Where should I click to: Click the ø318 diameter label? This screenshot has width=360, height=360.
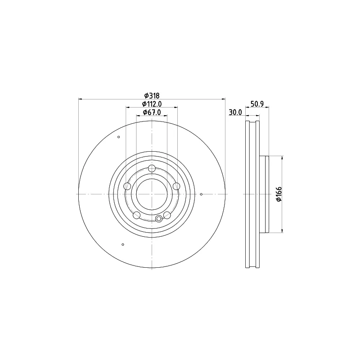click(152, 95)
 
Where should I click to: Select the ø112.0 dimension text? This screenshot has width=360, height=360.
click(152, 104)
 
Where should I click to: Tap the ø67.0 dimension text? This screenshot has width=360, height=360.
click(152, 112)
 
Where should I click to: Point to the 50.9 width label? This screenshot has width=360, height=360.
click(257, 104)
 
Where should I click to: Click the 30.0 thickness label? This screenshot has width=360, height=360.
click(235, 112)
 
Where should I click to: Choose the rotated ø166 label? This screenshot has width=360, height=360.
click(279, 194)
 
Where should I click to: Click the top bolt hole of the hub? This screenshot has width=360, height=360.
click(152, 168)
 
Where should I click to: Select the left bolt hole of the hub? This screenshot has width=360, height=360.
click(127, 186)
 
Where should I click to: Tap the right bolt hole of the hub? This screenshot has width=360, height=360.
click(176, 186)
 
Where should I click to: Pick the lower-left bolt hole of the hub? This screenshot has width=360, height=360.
click(137, 215)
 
